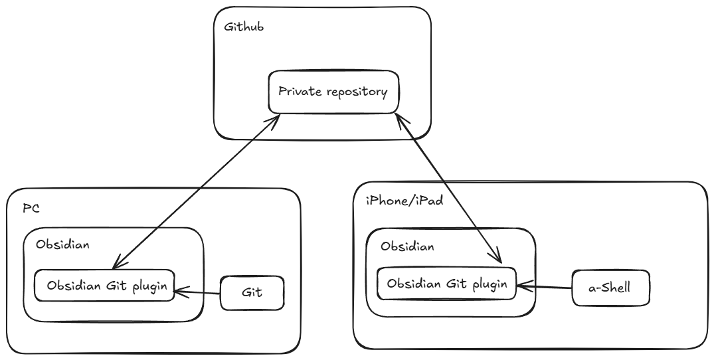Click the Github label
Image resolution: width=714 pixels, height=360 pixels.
click(244, 27)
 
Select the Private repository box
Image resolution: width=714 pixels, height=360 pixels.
click(333, 92)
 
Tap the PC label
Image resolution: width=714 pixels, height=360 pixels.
click(31, 209)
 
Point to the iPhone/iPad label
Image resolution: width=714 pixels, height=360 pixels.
click(404, 201)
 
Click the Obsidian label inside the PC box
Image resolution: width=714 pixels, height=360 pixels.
click(63, 244)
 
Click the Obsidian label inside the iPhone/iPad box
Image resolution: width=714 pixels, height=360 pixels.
click(408, 246)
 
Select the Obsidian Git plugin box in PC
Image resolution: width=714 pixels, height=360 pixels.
click(105, 286)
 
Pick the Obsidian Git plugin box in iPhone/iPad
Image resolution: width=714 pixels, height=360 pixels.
click(447, 284)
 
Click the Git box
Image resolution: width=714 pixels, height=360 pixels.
click(252, 293)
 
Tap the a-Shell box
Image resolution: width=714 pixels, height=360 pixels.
click(610, 288)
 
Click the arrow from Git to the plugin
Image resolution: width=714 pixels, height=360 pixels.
click(197, 292)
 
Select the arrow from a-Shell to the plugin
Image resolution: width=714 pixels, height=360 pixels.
click(544, 286)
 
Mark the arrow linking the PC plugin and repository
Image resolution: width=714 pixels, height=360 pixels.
click(196, 191)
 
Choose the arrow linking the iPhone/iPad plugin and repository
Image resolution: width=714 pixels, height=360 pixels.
click(448, 188)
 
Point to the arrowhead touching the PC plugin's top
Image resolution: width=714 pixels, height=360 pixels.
click(117, 264)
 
